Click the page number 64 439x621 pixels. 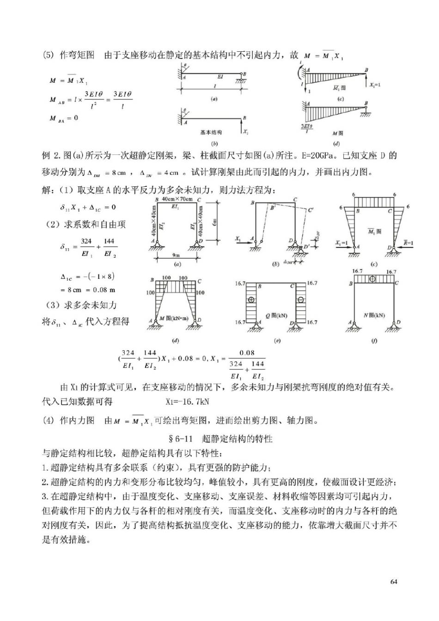(394, 581)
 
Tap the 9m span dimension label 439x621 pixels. (177, 255)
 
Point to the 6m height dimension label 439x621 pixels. (214, 222)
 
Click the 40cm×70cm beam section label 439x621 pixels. (177, 199)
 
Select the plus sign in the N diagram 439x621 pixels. (372, 279)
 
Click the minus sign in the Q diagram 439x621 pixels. (301, 300)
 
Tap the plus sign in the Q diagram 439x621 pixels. (251, 300)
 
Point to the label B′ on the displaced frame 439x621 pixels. (273, 208)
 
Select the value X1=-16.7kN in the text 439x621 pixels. (187, 401)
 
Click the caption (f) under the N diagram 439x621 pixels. (374, 341)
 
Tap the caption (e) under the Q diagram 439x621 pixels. (277, 341)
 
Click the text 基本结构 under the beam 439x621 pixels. (211, 132)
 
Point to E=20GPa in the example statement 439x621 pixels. (316, 155)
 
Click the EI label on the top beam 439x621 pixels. (219, 76)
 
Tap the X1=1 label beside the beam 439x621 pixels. (375, 85)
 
